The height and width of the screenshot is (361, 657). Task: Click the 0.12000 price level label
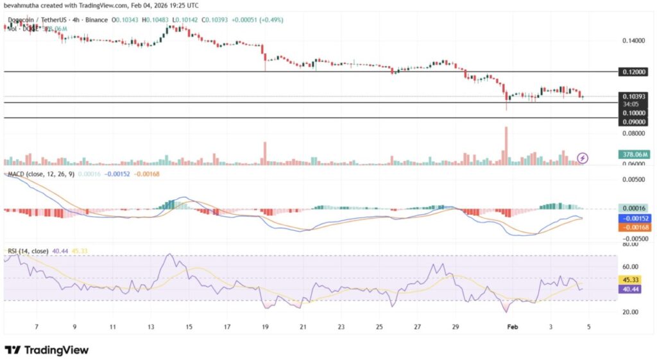[x=633, y=72]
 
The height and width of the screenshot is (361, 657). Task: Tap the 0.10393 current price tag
[x=633, y=96]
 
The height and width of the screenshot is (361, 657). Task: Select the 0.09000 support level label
[x=633, y=121]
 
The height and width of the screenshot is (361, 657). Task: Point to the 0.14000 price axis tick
[x=633, y=40]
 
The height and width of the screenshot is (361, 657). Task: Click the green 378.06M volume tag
[x=633, y=154]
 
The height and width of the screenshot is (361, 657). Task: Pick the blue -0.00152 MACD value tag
[x=633, y=218]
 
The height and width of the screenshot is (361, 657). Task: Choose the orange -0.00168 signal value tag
[x=633, y=228]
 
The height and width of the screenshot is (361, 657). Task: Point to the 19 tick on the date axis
[x=264, y=326]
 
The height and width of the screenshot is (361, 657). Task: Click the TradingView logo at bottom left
[x=46, y=349]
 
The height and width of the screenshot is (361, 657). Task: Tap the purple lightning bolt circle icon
[x=583, y=157]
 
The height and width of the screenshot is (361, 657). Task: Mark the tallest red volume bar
[x=506, y=146]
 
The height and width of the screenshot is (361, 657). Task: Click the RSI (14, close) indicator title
[x=28, y=249]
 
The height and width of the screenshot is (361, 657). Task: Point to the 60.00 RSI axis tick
[x=631, y=266]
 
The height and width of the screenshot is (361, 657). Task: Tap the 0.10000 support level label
[x=633, y=112]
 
